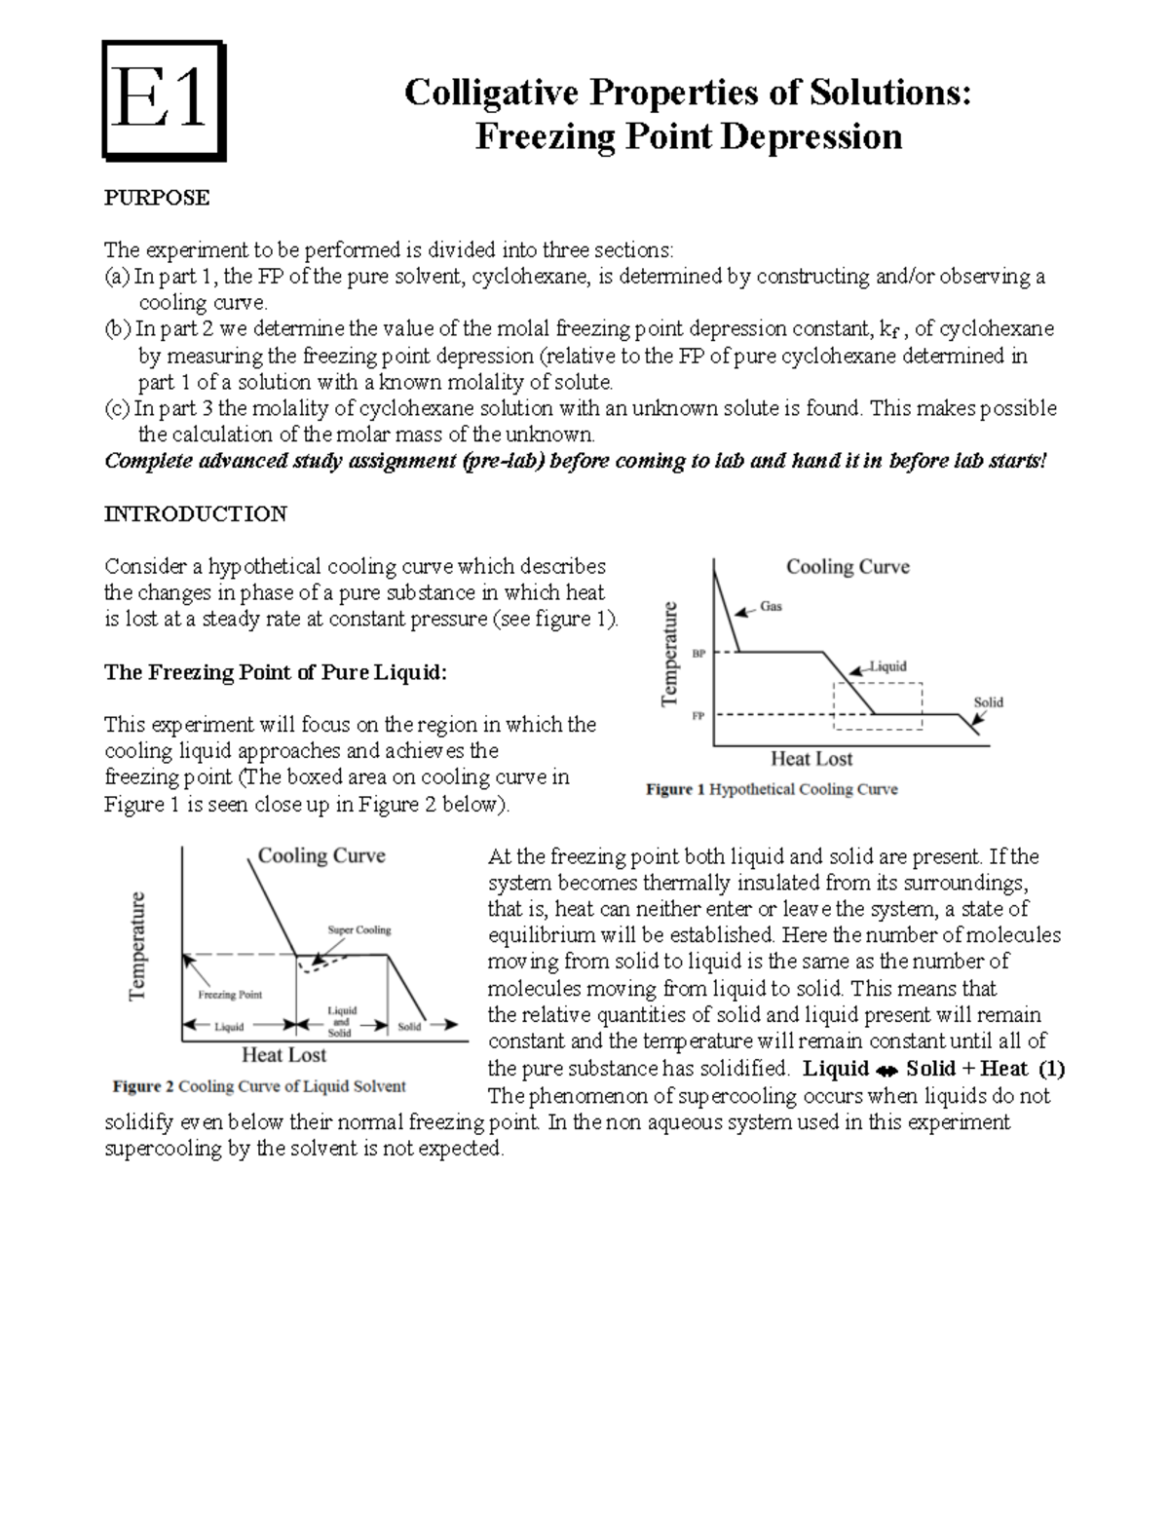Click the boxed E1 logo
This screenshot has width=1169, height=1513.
164,100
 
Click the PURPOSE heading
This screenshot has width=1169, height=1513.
156,198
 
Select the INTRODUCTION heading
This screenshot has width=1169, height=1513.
195,513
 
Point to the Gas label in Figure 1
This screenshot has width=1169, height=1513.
771,606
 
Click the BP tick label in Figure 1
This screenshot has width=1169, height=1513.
698,654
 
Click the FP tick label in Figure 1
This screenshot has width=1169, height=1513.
698,716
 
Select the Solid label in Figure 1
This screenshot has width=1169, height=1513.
988,701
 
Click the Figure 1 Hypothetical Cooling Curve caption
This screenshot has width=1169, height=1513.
772,789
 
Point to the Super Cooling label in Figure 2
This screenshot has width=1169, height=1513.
358,929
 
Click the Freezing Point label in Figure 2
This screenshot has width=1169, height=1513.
230,995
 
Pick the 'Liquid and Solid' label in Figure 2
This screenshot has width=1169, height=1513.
340,1021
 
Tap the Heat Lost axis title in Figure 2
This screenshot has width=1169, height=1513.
283,1055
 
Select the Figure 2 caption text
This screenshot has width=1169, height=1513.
259,1086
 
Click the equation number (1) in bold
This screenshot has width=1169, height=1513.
1051,1069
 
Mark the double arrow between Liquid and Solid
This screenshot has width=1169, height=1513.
886,1070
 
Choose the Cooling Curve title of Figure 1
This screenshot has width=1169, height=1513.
848,567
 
